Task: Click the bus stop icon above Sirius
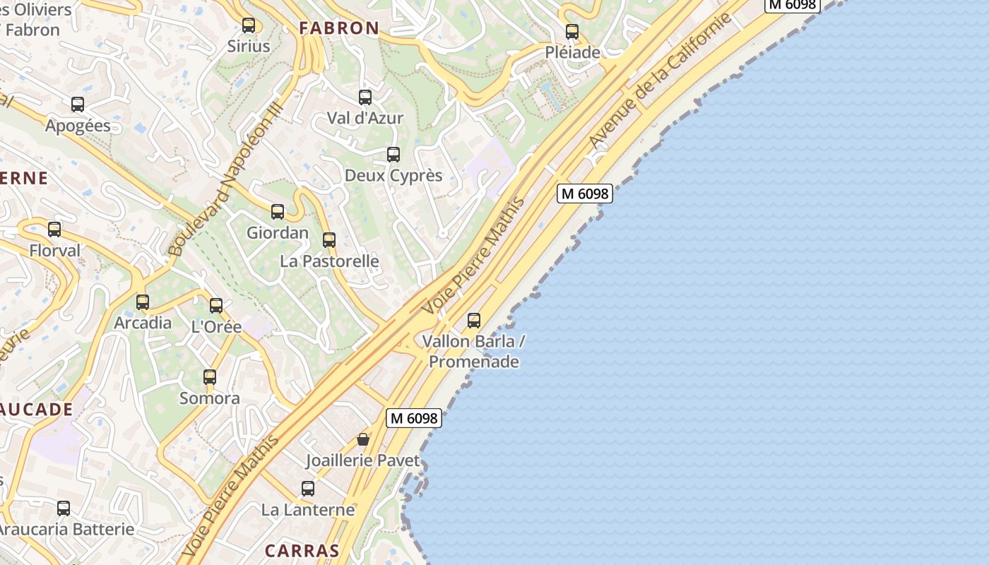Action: (249, 25)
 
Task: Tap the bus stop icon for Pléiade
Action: (572, 32)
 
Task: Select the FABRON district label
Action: (339, 28)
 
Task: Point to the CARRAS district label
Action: (302, 550)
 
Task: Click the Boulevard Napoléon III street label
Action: (226, 179)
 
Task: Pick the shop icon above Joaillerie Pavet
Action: (363, 439)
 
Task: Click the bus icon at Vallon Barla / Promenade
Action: (474, 321)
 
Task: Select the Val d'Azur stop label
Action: (365, 118)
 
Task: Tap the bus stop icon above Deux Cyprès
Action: (393, 155)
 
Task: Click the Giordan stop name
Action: (278, 232)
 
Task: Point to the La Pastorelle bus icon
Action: (329, 240)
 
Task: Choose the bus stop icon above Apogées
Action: (78, 105)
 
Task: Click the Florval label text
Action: (55, 251)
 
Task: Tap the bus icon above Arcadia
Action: (143, 302)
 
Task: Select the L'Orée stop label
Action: (217, 327)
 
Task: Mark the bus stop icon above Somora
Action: (210, 377)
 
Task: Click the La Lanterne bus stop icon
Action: (308, 489)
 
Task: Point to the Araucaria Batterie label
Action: (65, 529)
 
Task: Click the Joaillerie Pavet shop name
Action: (362, 461)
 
